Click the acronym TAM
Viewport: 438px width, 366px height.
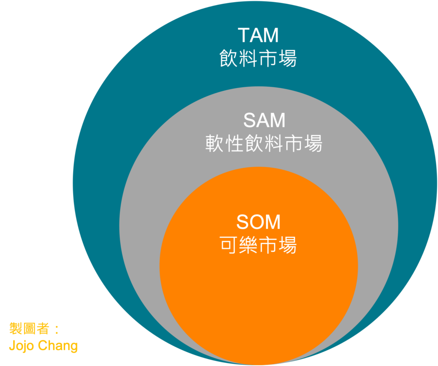click(258, 35)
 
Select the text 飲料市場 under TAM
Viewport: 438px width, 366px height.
click(258, 59)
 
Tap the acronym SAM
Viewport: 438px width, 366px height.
click(264, 121)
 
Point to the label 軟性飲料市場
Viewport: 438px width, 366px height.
click(264, 144)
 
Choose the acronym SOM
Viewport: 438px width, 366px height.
click(258, 222)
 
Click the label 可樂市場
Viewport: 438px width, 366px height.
click(258, 245)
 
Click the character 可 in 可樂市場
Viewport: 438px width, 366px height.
click(229, 245)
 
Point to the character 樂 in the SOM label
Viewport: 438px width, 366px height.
click(249, 245)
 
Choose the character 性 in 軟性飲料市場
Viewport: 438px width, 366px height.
click(234, 144)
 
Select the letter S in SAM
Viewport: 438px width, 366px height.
click(250, 121)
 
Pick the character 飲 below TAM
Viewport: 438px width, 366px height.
click(229, 59)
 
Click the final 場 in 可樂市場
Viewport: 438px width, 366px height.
click(287, 245)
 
